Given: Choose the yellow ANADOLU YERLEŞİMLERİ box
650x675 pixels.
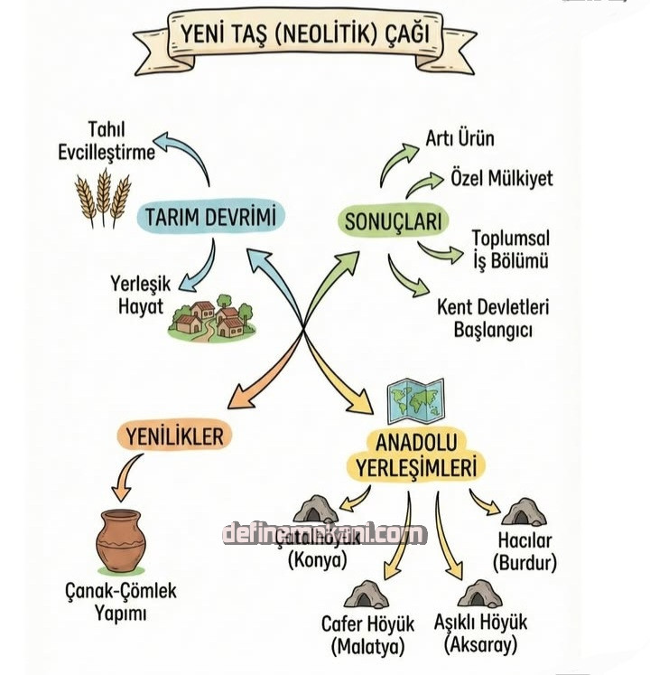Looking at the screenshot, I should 414,454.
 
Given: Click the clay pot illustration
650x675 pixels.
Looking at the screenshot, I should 120,540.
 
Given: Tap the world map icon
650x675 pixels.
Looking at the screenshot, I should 414,401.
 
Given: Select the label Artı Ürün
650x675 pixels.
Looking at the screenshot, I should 460,139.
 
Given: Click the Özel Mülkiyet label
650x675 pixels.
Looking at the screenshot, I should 501,178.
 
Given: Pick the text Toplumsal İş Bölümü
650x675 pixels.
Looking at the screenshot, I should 510,249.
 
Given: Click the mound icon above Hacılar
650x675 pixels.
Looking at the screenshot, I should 524,512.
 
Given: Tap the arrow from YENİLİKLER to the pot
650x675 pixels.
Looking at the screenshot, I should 128,476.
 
